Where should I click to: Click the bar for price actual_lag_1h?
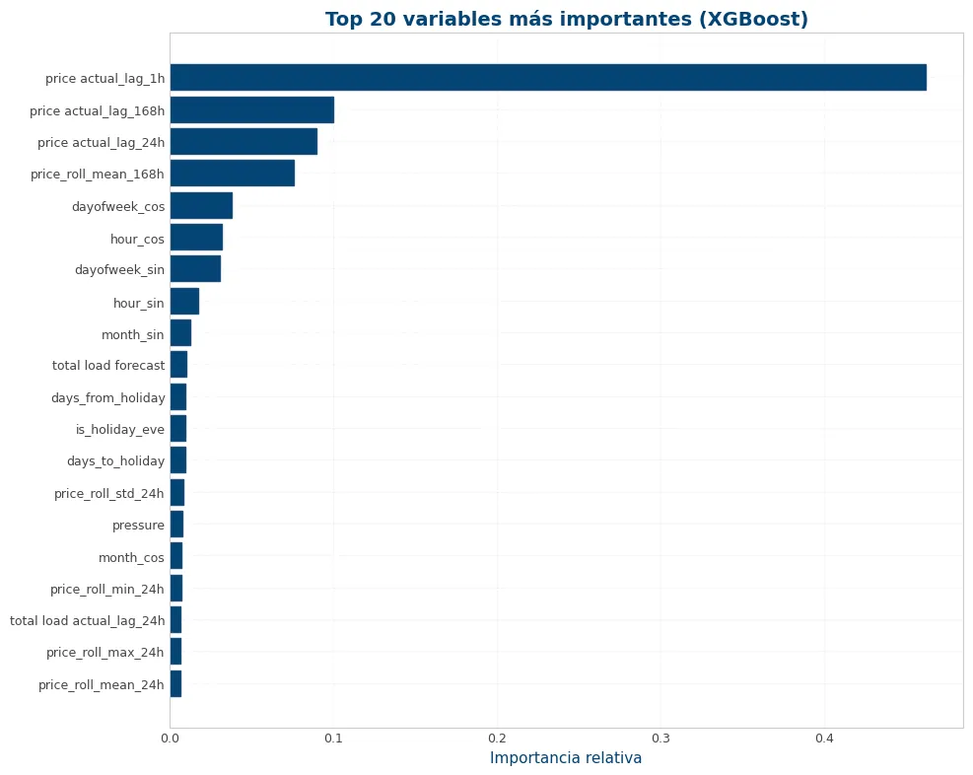(548, 78)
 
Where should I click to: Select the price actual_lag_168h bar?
(252, 109)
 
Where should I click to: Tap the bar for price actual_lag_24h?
(243, 141)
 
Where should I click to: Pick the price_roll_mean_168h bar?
(233, 174)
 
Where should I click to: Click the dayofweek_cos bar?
(202, 205)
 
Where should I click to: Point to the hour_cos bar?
(197, 237)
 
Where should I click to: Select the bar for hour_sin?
(185, 301)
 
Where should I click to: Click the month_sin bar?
(181, 332)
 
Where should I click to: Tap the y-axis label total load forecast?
(108, 366)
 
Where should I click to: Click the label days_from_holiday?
(108, 397)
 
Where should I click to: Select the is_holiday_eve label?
(119, 429)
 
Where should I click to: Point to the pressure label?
(138, 526)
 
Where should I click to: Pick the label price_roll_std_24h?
(109, 493)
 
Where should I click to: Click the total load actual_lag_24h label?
(88, 620)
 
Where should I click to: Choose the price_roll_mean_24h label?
(102, 684)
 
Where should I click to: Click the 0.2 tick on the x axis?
(497, 739)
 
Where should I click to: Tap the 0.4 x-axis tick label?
(825, 739)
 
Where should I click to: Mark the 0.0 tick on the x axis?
(170, 739)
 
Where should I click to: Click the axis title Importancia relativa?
(566, 757)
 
